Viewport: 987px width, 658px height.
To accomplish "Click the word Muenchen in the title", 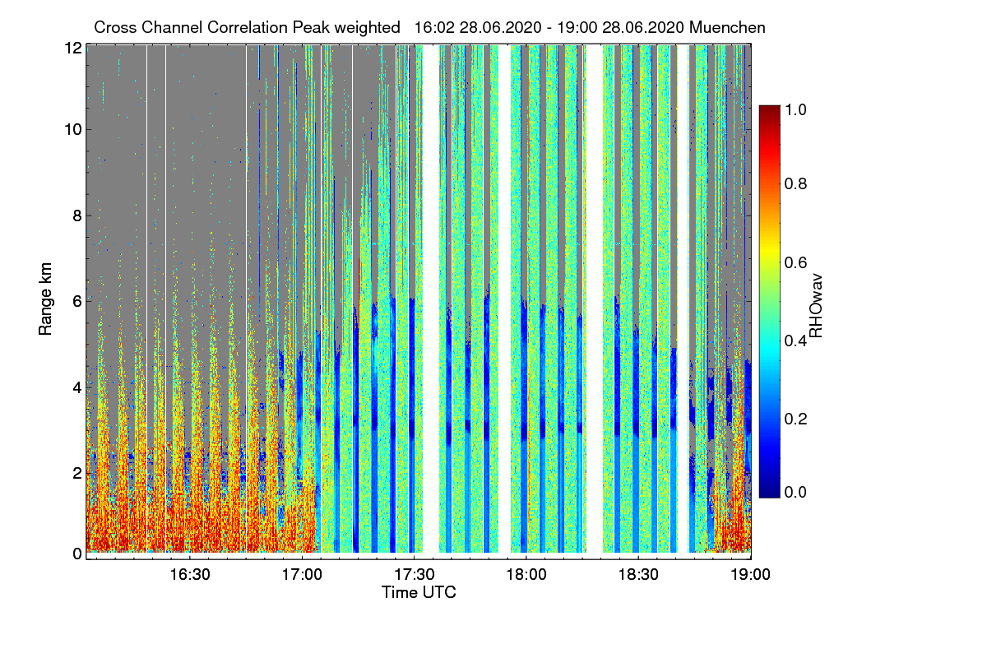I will point(727,27).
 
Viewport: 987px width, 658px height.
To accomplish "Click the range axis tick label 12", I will point(72,49).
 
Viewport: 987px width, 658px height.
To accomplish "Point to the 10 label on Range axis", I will point(72,129).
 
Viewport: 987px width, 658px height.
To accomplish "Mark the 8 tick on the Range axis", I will point(76,215).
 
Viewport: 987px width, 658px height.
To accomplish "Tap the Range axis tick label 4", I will point(76,386).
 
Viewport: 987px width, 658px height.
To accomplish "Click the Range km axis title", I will point(46,300).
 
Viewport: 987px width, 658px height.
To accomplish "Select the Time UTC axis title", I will point(419,592).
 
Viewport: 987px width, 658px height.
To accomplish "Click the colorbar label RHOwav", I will point(816,306).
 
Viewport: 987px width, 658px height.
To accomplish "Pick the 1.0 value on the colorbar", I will point(797,109).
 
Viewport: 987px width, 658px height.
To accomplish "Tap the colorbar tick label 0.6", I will point(797,262).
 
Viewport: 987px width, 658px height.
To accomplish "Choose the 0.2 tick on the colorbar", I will point(797,419).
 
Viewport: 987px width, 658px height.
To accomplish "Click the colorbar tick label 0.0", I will point(797,492).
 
